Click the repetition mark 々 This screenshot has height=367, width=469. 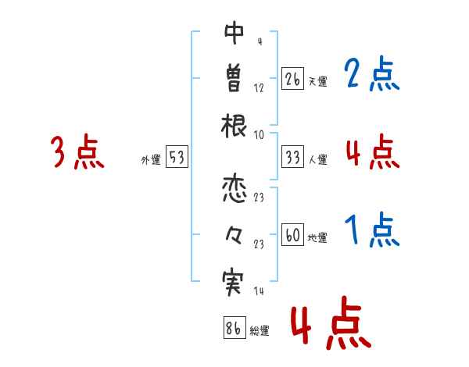tap(234, 236)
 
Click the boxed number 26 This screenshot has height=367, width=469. tap(292, 79)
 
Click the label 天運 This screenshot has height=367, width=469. tap(317, 80)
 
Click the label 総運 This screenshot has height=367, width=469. tap(260, 331)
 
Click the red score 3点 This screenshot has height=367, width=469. tap(77, 152)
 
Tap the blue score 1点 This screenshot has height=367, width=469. tap(372, 231)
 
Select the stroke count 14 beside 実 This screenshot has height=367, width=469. tap(258, 291)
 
